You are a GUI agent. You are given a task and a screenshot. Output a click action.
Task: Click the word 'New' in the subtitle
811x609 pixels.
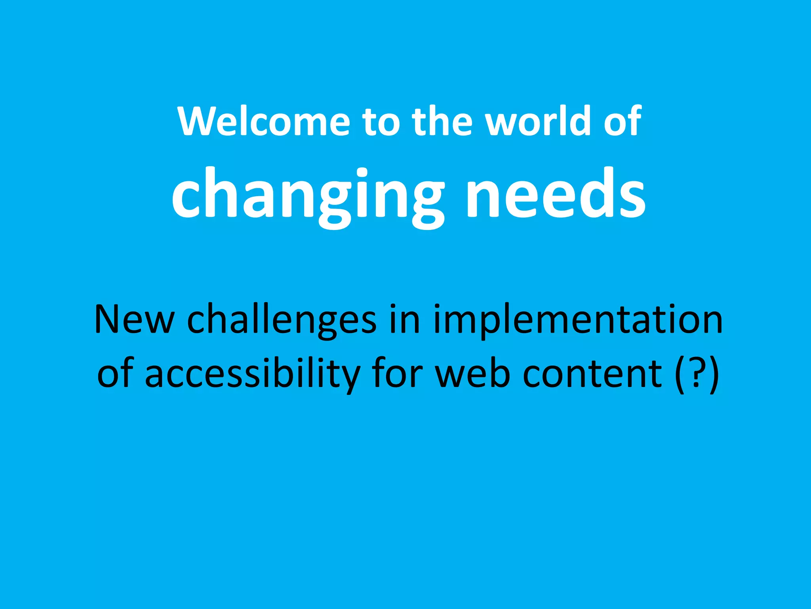[134, 320]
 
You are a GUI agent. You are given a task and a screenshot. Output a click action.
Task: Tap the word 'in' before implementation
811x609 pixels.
[404, 320]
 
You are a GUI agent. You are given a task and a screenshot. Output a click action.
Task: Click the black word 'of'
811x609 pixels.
[115, 373]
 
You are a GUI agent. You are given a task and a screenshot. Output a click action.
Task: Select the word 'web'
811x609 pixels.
[472, 373]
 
